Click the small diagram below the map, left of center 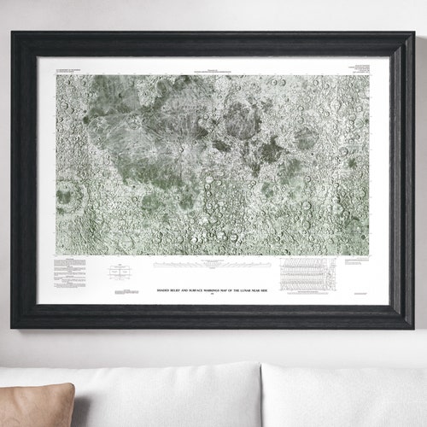click(x=120, y=272)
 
